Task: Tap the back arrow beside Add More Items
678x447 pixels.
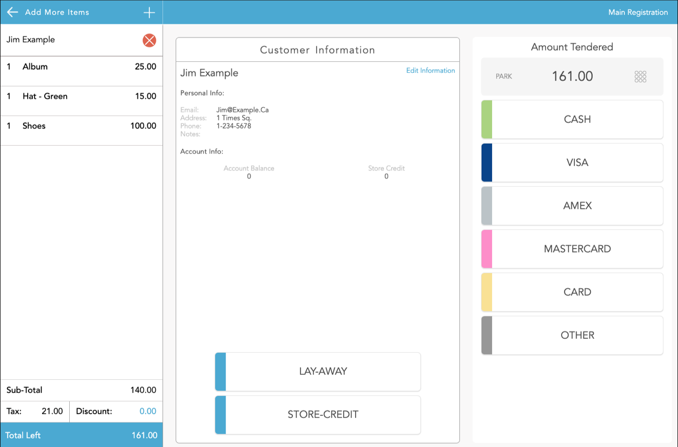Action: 12,12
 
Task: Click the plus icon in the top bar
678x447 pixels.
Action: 149,12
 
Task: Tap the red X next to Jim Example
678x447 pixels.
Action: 149,40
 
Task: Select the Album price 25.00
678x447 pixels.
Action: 145,67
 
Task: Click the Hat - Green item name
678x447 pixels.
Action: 45,96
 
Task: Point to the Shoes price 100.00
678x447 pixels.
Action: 143,126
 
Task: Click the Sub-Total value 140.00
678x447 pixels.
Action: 143,390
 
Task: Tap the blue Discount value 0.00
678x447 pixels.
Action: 148,412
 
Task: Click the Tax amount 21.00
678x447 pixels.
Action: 52,412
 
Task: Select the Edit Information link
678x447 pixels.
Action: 430,71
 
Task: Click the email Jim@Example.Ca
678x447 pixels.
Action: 243,110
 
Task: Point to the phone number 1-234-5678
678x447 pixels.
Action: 234,126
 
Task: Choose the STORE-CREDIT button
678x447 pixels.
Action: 318,415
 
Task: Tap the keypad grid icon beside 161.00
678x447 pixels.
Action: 641,76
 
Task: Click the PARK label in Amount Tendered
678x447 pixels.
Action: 504,76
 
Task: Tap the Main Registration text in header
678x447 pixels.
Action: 638,12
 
